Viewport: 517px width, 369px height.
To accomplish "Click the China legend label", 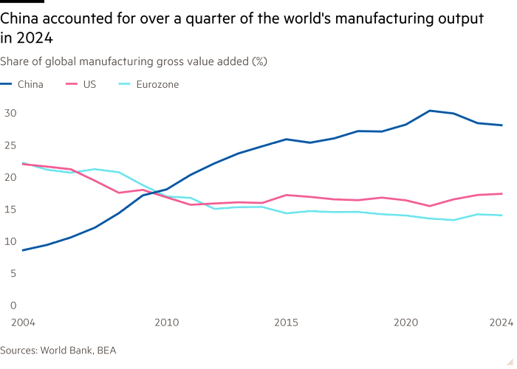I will tap(30, 84).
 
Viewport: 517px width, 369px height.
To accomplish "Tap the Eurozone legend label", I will tap(157, 84).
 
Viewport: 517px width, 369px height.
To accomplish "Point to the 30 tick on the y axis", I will tap(9, 112).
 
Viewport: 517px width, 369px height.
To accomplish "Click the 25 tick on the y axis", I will tap(9, 145).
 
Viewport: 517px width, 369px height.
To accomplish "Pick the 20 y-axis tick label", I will tap(9, 176).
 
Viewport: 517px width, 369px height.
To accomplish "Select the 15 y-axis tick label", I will tap(9, 209).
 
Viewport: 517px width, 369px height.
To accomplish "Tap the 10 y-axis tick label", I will tap(9, 241).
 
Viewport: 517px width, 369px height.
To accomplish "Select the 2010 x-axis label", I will tap(166, 322).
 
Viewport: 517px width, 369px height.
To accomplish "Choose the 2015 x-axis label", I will tap(286, 322).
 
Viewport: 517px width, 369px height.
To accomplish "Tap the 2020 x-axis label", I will tap(405, 322).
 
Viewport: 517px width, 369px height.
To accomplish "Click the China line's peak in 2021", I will tap(430, 111).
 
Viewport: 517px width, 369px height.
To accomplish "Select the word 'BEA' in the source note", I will tap(106, 350).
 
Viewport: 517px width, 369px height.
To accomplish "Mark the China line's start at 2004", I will tap(23, 250).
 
